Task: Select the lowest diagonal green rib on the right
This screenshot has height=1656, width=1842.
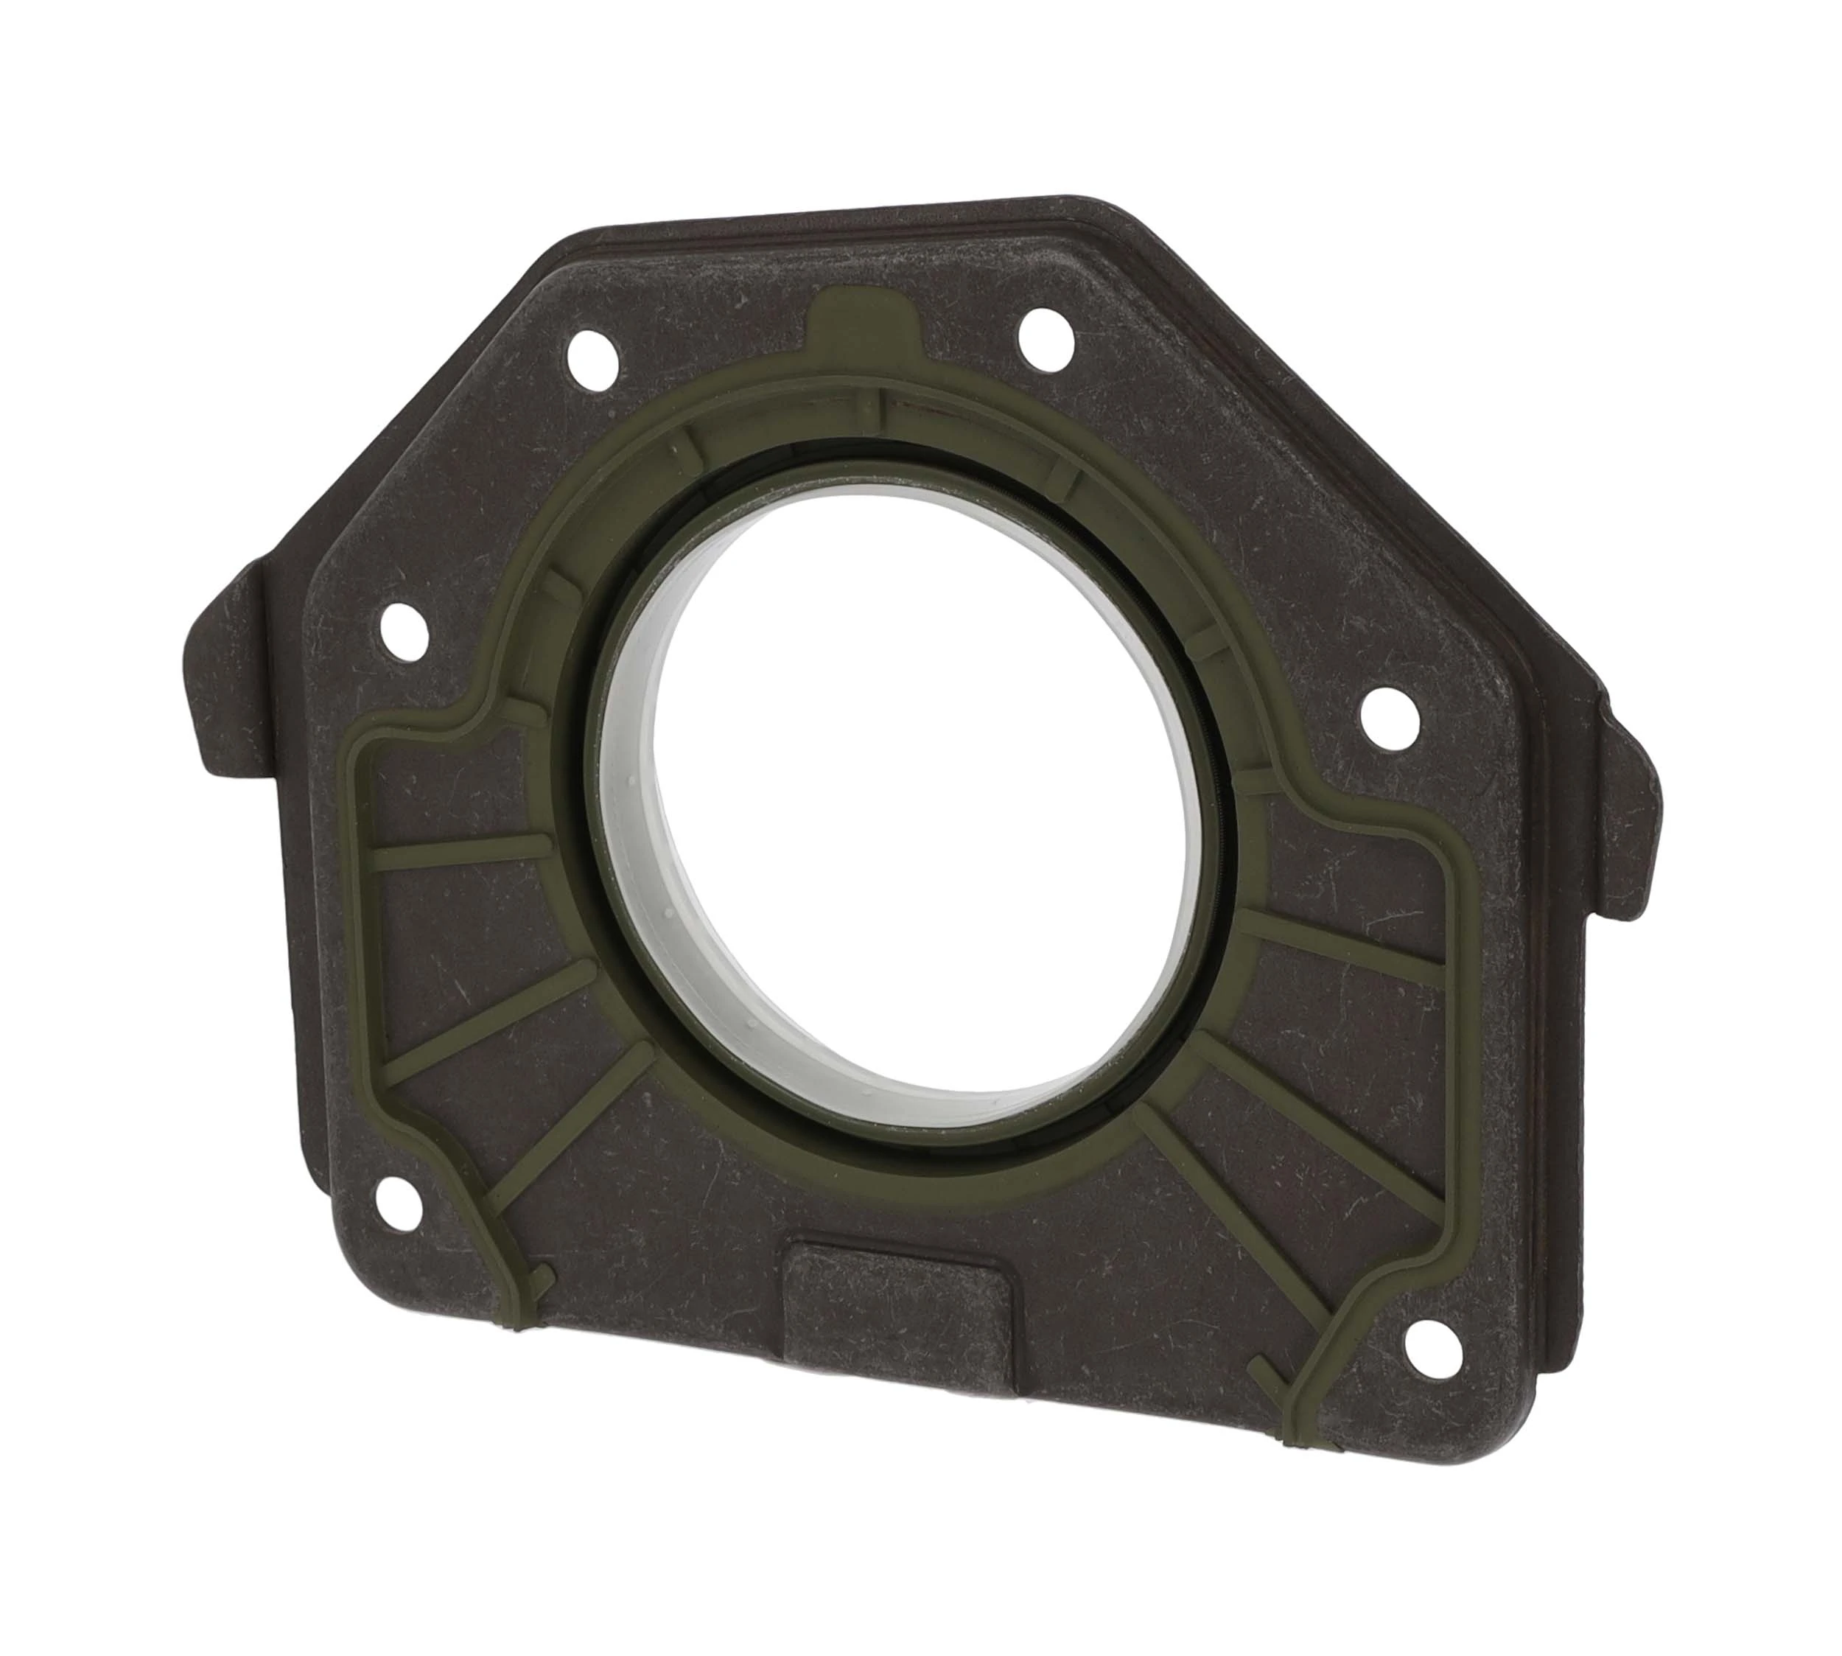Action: (x=1210, y=1201)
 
